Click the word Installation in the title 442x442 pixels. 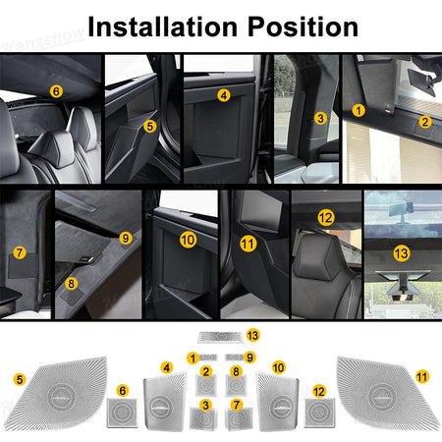click(x=162, y=27)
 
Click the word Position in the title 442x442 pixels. click(x=303, y=27)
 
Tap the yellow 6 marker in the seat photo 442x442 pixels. click(x=56, y=91)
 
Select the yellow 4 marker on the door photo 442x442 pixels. click(x=224, y=95)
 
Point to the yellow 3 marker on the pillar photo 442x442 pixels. click(x=320, y=118)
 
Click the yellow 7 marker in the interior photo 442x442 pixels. click(x=20, y=252)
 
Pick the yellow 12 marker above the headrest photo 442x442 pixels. click(x=326, y=218)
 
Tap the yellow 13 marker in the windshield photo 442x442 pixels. click(x=402, y=253)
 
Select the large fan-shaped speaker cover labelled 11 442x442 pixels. click(x=386, y=393)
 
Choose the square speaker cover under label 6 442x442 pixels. click(x=122, y=413)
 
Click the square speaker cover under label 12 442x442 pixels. click(x=319, y=413)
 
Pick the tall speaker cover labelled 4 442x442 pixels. click(x=165, y=403)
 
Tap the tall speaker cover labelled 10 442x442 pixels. click(x=278, y=403)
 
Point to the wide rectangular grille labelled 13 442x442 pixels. click(x=221, y=337)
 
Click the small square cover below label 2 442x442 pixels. click(x=206, y=385)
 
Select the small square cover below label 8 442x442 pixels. click(x=236, y=385)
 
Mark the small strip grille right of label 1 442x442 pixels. click(x=208, y=358)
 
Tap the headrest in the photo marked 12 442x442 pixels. click(x=317, y=258)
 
